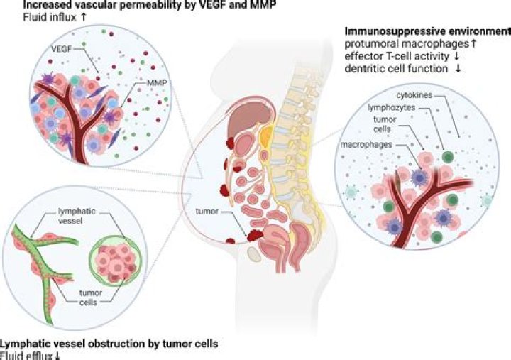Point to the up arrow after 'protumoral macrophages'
pos(471,44)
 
